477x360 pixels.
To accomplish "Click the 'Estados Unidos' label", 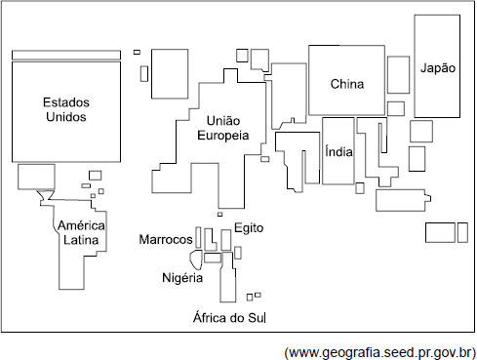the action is (66, 109).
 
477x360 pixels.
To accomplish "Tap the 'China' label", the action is (347, 84).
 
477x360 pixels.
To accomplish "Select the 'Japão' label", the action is (438, 67).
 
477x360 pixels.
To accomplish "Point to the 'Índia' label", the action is (338, 151).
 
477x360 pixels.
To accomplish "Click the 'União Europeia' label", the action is (223, 128).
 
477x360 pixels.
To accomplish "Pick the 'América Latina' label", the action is (81, 232).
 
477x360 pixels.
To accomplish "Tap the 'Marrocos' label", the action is (166, 239).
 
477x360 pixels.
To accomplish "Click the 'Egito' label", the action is (249, 228).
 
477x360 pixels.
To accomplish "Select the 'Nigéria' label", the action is (182, 278).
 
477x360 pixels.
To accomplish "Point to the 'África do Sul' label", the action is (229, 317).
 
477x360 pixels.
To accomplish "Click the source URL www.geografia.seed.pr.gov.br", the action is (379, 352).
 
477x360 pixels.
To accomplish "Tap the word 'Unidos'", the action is (66, 117).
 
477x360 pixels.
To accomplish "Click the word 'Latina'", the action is (81, 240).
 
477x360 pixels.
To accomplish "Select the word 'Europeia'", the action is (223, 136).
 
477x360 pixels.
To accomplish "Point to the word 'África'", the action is (209, 317).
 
